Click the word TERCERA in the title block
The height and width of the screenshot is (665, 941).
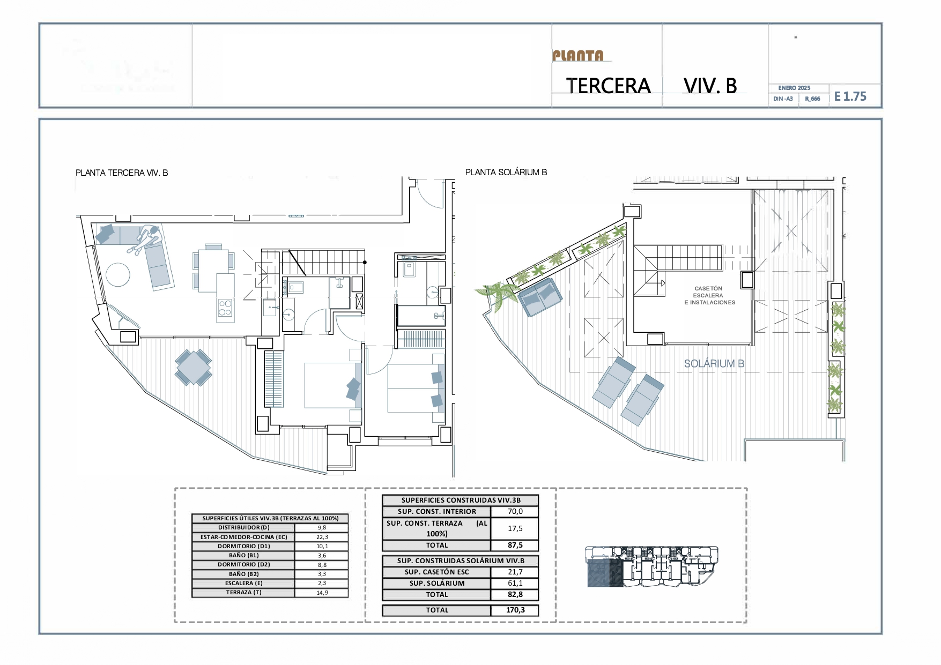point(608,86)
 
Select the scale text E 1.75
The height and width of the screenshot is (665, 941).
point(850,96)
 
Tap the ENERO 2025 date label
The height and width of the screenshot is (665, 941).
point(794,88)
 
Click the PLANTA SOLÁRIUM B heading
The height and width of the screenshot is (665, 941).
point(506,172)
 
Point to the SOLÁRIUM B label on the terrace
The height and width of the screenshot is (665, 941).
point(714,363)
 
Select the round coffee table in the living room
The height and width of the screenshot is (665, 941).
point(118,275)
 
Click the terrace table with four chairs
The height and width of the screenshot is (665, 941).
point(193,367)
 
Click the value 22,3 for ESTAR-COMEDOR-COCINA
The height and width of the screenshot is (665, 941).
point(322,537)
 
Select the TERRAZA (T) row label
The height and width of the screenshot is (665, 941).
point(243,593)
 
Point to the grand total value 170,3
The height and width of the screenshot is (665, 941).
point(515,610)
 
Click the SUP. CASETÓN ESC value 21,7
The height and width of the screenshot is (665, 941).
point(515,572)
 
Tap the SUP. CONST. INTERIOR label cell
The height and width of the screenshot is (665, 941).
point(436,511)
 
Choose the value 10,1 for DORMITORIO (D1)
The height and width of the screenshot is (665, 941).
point(322,546)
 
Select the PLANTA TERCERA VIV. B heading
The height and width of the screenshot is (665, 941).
point(122,173)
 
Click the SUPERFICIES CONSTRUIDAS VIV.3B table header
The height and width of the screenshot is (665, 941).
point(461,500)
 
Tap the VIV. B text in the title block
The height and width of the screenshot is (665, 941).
point(710,86)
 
